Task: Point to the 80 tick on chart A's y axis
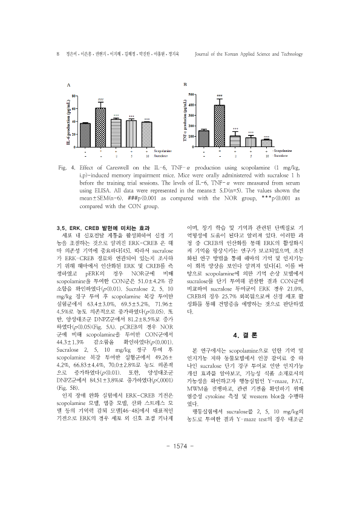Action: click(74, 96)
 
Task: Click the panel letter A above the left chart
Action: click(69, 85)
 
